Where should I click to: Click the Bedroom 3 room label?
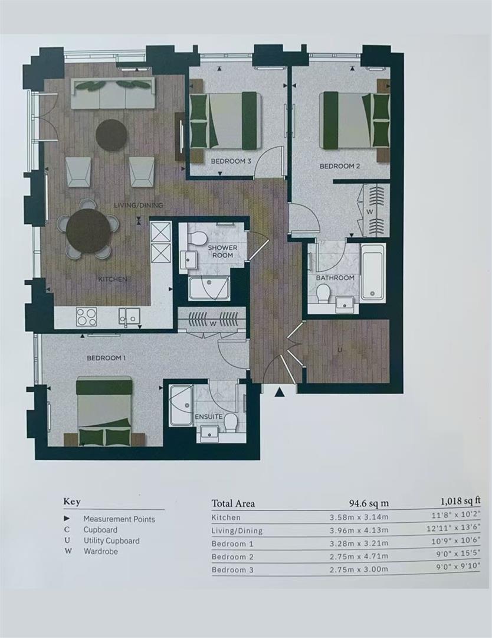pos(231,161)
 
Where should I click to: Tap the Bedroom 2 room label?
pos(340,166)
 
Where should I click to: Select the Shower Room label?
pos(222,251)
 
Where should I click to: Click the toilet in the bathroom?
pos(323,294)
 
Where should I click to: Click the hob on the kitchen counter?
pos(87,317)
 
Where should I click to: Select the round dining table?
pos(88,229)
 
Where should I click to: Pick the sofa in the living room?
pos(113,93)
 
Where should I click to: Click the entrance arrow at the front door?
pos(279,392)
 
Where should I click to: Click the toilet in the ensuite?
pos(231,422)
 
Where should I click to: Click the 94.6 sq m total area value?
pos(369,503)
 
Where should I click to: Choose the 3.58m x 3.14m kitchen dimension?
pos(359,517)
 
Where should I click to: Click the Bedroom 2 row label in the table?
pos(232,556)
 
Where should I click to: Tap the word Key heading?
pos(72,502)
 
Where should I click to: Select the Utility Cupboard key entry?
pos(111,541)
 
